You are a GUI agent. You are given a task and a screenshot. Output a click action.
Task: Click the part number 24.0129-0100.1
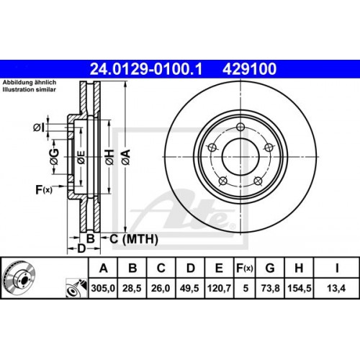click(145, 69)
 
